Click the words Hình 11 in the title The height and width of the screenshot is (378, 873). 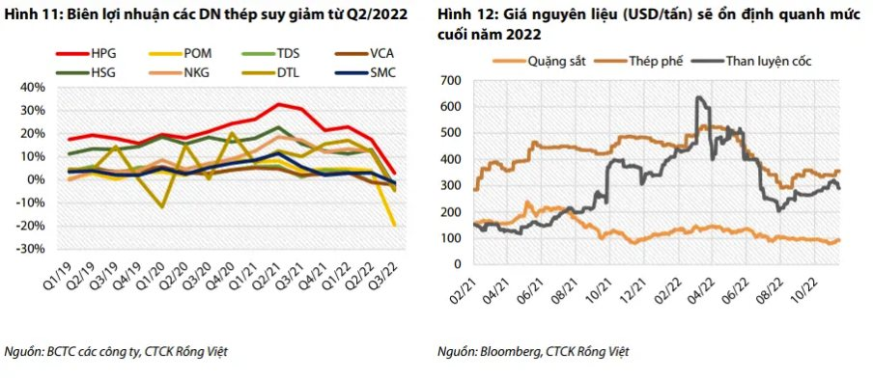click(x=30, y=13)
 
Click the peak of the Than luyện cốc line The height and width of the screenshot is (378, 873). click(x=696, y=96)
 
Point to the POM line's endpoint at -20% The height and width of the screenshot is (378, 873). click(x=395, y=225)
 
